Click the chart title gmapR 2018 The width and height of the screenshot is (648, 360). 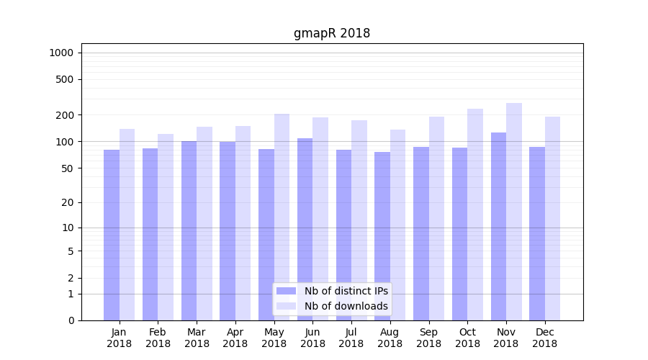(x=332, y=33)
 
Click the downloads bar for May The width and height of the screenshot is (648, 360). (x=282, y=217)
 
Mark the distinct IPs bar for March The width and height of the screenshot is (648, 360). (x=189, y=230)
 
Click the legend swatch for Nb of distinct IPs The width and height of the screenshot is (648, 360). (x=287, y=291)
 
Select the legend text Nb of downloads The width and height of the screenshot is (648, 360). (x=346, y=306)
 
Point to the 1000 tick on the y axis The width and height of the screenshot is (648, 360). (x=61, y=53)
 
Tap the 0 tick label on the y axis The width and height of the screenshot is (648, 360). (x=71, y=320)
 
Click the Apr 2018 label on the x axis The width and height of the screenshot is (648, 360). (x=235, y=338)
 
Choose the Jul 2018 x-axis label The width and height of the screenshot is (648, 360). (x=351, y=338)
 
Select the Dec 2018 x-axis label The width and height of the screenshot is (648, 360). (x=544, y=338)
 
